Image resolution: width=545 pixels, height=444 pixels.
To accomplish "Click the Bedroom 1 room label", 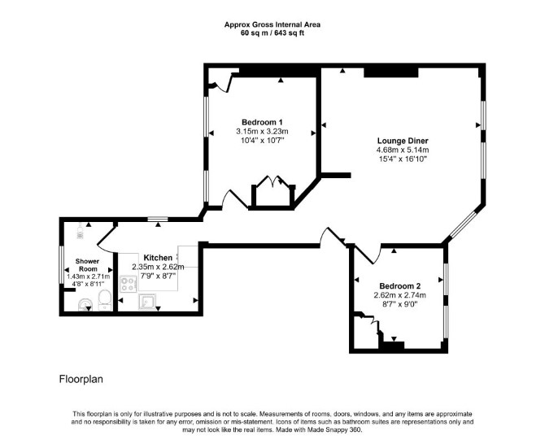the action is click(262, 122).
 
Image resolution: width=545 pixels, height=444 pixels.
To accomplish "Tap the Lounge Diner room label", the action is click(403, 141).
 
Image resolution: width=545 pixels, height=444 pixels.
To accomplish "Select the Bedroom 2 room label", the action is click(400, 286).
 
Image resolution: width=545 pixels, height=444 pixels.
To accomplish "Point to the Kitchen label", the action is click(158, 258).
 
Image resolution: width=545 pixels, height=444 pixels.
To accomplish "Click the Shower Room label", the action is click(88, 265).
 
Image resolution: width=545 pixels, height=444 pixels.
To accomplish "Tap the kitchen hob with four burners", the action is click(129, 283).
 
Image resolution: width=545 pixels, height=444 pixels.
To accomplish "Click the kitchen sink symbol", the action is click(147, 302).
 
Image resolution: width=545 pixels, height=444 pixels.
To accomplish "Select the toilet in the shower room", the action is click(104, 301).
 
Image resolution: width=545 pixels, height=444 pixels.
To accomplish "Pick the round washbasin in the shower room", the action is click(85, 305).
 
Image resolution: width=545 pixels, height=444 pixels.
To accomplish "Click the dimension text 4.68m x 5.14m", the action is click(403, 150).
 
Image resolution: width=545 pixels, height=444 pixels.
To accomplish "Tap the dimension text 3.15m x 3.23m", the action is click(262, 131).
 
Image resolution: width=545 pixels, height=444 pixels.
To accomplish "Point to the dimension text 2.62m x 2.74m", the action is click(400, 295).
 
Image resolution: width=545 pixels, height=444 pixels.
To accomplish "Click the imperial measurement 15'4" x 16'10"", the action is click(403, 159).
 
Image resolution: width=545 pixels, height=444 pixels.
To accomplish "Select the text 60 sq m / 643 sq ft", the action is click(272, 33).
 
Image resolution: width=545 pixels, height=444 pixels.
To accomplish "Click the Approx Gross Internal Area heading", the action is click(272, 24).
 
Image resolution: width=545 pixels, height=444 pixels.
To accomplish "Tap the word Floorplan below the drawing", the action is click(81, 379).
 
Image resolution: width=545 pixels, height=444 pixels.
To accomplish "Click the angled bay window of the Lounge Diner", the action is click(463, 224).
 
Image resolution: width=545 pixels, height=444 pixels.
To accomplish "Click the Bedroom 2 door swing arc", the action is click(377, 256).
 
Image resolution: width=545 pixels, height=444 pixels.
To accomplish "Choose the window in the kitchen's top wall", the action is click(158, 219).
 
